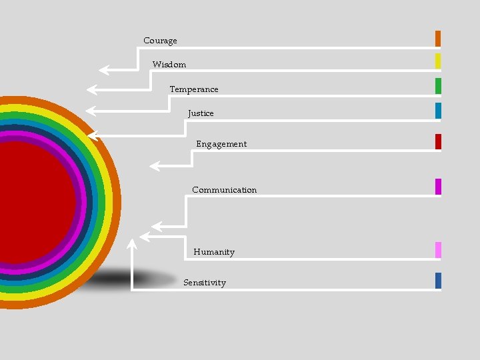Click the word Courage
[160, 41]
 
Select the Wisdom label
[169, 65]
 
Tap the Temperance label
[193, 89]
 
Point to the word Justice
[201, 113]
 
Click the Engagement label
[221, 144]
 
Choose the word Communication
[224, 190]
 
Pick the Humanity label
[214, 252]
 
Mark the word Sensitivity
[205, 283]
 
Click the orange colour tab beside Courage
[438, 38]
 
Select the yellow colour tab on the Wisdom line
[438, 61]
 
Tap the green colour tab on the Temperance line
[438, 86]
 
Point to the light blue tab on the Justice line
[438, 111]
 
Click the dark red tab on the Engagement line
[438, 141]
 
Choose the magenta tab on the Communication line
[438, 187]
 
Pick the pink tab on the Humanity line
[438, 250]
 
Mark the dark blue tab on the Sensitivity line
[438, 281]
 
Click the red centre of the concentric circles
[33, 200]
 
